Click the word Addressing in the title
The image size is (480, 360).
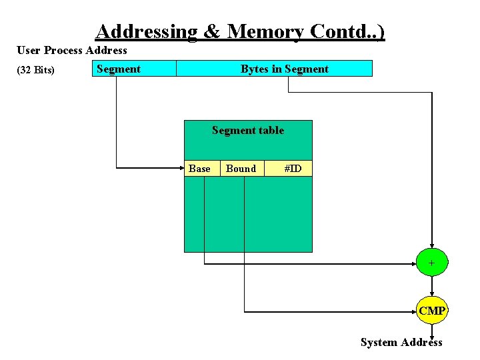(146, 31)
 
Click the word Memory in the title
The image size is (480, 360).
(265, 31)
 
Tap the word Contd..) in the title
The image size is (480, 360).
(345, 31)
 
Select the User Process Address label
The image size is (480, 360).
(72, 51)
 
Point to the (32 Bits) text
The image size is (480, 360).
(36, 70)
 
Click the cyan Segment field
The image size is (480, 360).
(134, 69)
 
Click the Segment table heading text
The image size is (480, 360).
(248, 131)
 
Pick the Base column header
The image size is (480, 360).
(199, 169)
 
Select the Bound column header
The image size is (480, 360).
(241, 169)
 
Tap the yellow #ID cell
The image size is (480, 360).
(293, 169)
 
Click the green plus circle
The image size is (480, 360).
(432, 263)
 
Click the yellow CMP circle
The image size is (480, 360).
(433, 311)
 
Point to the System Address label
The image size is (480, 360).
(401, 343)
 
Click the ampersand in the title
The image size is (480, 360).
(212, 31)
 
